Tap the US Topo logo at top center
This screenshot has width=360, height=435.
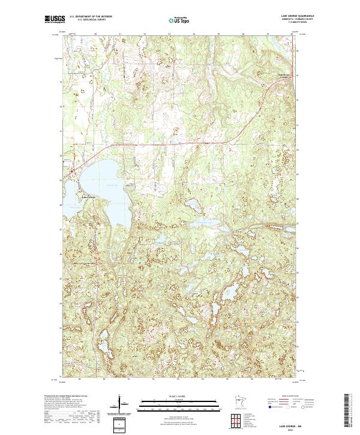(179, 20)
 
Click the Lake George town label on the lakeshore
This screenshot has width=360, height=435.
(88, 198)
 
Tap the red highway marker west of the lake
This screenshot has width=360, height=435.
(71, 172)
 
